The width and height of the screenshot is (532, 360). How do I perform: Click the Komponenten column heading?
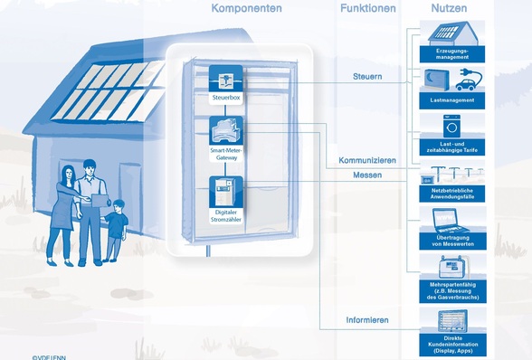click(246, 8)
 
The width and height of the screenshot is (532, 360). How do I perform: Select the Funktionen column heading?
click(368, 8)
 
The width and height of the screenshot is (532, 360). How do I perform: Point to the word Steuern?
click(367, 77)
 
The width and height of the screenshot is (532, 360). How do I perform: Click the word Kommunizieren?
click(367, 160)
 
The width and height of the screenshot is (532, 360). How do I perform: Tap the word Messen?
click(367, 175)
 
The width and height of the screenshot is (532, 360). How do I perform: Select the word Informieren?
click(367, 320)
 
